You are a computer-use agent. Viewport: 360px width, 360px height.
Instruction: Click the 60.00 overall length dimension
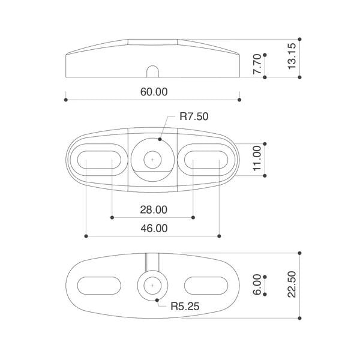[x=154, y=92]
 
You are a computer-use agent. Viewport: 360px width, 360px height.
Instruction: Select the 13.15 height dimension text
[x=292, y=56]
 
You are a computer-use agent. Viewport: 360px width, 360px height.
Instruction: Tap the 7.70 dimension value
[x=257, y=64]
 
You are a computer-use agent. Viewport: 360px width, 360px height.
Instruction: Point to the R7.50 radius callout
[x=194, y=116]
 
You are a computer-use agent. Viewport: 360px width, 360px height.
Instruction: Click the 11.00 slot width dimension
[x=257, y=158]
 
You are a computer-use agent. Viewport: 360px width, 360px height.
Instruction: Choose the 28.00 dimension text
[x=154, y=210]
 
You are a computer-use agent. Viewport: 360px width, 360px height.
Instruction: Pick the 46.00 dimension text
[x=154, y=229]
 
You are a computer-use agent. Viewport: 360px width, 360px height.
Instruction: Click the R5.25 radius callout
[x=185, y=306]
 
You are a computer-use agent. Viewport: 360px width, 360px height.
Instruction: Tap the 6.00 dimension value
[x=257, y=284]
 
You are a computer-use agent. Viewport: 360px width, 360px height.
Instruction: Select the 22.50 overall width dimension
[x=292, y=284]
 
